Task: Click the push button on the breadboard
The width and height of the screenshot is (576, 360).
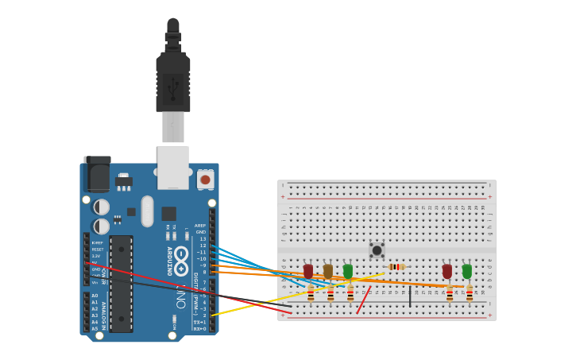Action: click(x=377, y=250)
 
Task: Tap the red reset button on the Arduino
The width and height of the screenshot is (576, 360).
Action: click(x=205, y=180)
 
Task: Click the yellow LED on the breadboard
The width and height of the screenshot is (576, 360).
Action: click(x=328, y=271)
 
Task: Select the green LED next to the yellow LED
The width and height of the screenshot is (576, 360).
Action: click(x=348, y=271)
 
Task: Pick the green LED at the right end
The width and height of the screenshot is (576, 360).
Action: click(x=467, y=271)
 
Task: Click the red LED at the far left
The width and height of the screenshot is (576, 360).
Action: click(x=308, y=271)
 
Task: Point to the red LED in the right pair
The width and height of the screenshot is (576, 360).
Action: click(x=447, y=271)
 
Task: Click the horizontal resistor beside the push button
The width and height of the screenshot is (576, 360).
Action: click(x=396, y=267)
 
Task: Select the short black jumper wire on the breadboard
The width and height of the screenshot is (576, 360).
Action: click(x=410, y=296)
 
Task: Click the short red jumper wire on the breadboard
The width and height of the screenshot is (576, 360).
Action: click(x=363, y=300)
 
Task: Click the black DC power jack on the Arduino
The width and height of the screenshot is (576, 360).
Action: click(x=97, y=174)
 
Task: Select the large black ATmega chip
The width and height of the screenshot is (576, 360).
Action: click(x=121, y=283)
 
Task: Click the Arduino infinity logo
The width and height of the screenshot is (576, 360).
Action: click(x=182, y=261)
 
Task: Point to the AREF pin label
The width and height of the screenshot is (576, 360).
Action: click(x=199, y=226)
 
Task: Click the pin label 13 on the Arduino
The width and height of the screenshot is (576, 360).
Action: click(x=203, y=238)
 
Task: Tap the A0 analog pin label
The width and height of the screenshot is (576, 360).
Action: click(x=95, y=296)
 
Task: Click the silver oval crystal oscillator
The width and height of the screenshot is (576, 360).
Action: click(x=147, y=211)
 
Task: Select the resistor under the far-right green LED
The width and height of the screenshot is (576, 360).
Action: click(x=470, y=294)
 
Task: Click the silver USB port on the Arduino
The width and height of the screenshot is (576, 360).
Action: click(x=173, y=167)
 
